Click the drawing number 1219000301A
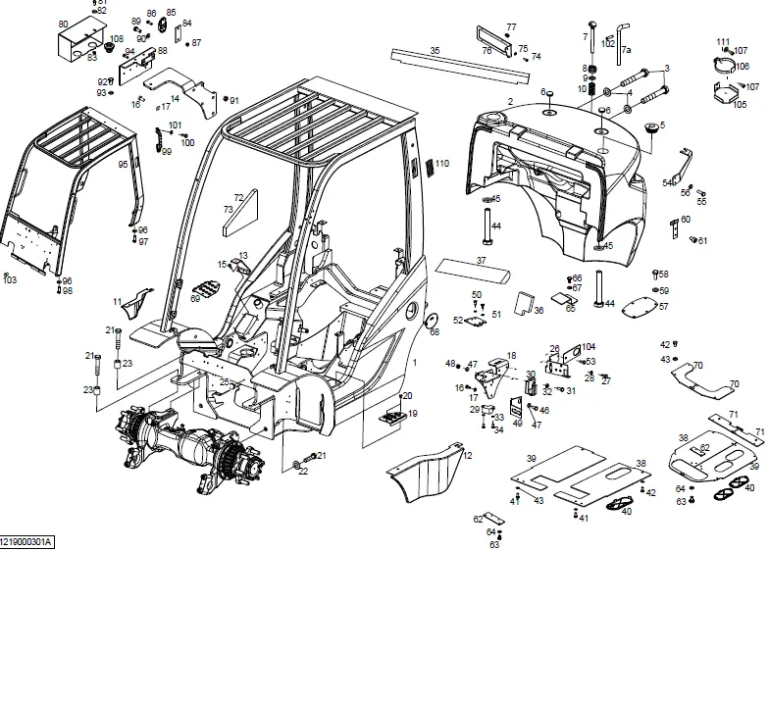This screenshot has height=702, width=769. click(x=27, y=541)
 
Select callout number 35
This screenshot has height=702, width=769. click(x=435, y=50)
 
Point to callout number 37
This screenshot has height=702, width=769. click(x=481, y=261)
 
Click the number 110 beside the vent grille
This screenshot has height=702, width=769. click(x=442, y=164)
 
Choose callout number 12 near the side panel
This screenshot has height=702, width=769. click(x=468, y=456)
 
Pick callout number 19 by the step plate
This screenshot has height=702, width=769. click(x=412, y=414)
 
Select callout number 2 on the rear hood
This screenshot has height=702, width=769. click(x=510, y=102)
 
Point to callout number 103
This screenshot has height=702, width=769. click(x=10, y=280)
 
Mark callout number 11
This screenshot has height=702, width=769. click(x=118, y=302)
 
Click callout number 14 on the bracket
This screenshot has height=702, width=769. click(x=175, y=98)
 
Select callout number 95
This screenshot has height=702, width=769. click(x=123, y=165)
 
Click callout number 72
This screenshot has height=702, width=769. click(x=238, y=197)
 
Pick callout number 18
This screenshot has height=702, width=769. click(x=511, y=356)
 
